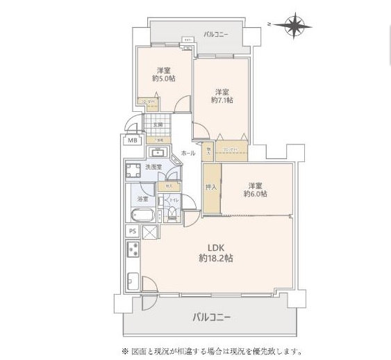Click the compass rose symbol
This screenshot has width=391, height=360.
pyautogui.click(x=295, y=26)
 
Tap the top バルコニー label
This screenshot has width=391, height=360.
pyautogui.click(x=217, y=33)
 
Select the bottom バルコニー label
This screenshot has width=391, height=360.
pyautogui.click(x=212, y=317)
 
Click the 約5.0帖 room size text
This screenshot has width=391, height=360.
pyautogui.click(x=164, y=79)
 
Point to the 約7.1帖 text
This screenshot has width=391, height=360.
pyautogui.click(x=222, y=100)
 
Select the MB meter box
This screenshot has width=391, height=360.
pyautogui.click(x=132, y=141)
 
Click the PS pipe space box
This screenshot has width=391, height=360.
pyautogui.click(x=132, y=231)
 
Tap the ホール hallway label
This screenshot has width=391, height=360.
pyautogui.click(x=188, y=152)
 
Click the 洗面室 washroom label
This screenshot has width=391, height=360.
pyautogui.click(x=153, y=167)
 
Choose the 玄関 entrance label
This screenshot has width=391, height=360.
pyautogui.click(x=158, y=125)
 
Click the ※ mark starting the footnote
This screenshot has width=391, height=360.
pyautogui.click(x=126, y=351)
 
